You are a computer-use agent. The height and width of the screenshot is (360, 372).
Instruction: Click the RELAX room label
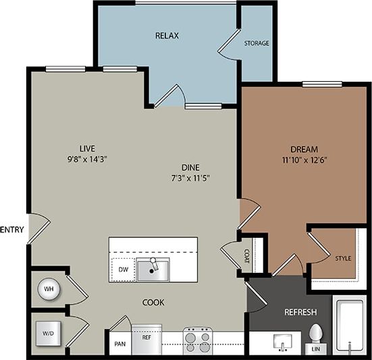(167, 35)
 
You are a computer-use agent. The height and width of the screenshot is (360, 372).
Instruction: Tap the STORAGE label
(257, 43)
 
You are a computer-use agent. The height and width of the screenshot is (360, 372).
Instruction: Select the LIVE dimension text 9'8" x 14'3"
(84, 159)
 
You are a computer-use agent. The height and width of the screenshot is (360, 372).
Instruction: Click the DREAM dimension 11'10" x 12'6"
(304, 159)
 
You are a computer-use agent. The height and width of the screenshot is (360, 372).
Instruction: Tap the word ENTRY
(12, 230)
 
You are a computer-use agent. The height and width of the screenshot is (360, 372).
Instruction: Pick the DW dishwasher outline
(123, 269)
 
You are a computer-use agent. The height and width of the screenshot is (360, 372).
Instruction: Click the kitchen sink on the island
(154, 269)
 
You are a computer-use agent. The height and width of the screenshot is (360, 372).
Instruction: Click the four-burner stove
(198, 337)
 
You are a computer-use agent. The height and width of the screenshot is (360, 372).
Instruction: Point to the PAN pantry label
(119, 344)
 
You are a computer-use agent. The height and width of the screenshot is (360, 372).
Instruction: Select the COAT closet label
(248, 256)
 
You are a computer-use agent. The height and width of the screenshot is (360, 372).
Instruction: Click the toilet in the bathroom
(315, 335)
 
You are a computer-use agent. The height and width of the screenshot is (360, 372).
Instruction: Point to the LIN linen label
(317, 349)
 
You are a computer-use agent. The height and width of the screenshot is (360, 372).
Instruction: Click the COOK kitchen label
(153, 303)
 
